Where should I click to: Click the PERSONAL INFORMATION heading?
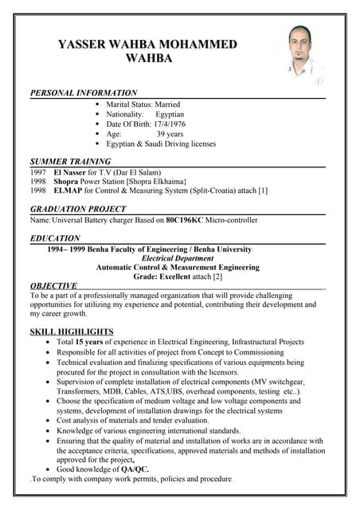(84, 93)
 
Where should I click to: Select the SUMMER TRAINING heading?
(70, 162)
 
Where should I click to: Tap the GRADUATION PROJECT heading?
(78, 209)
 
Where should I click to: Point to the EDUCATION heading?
(55, 238)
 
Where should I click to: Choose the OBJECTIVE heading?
(53, 285)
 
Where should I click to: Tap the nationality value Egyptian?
(170, 114)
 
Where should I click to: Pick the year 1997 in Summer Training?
(38, 172)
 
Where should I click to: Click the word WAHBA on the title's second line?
(147, 58)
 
